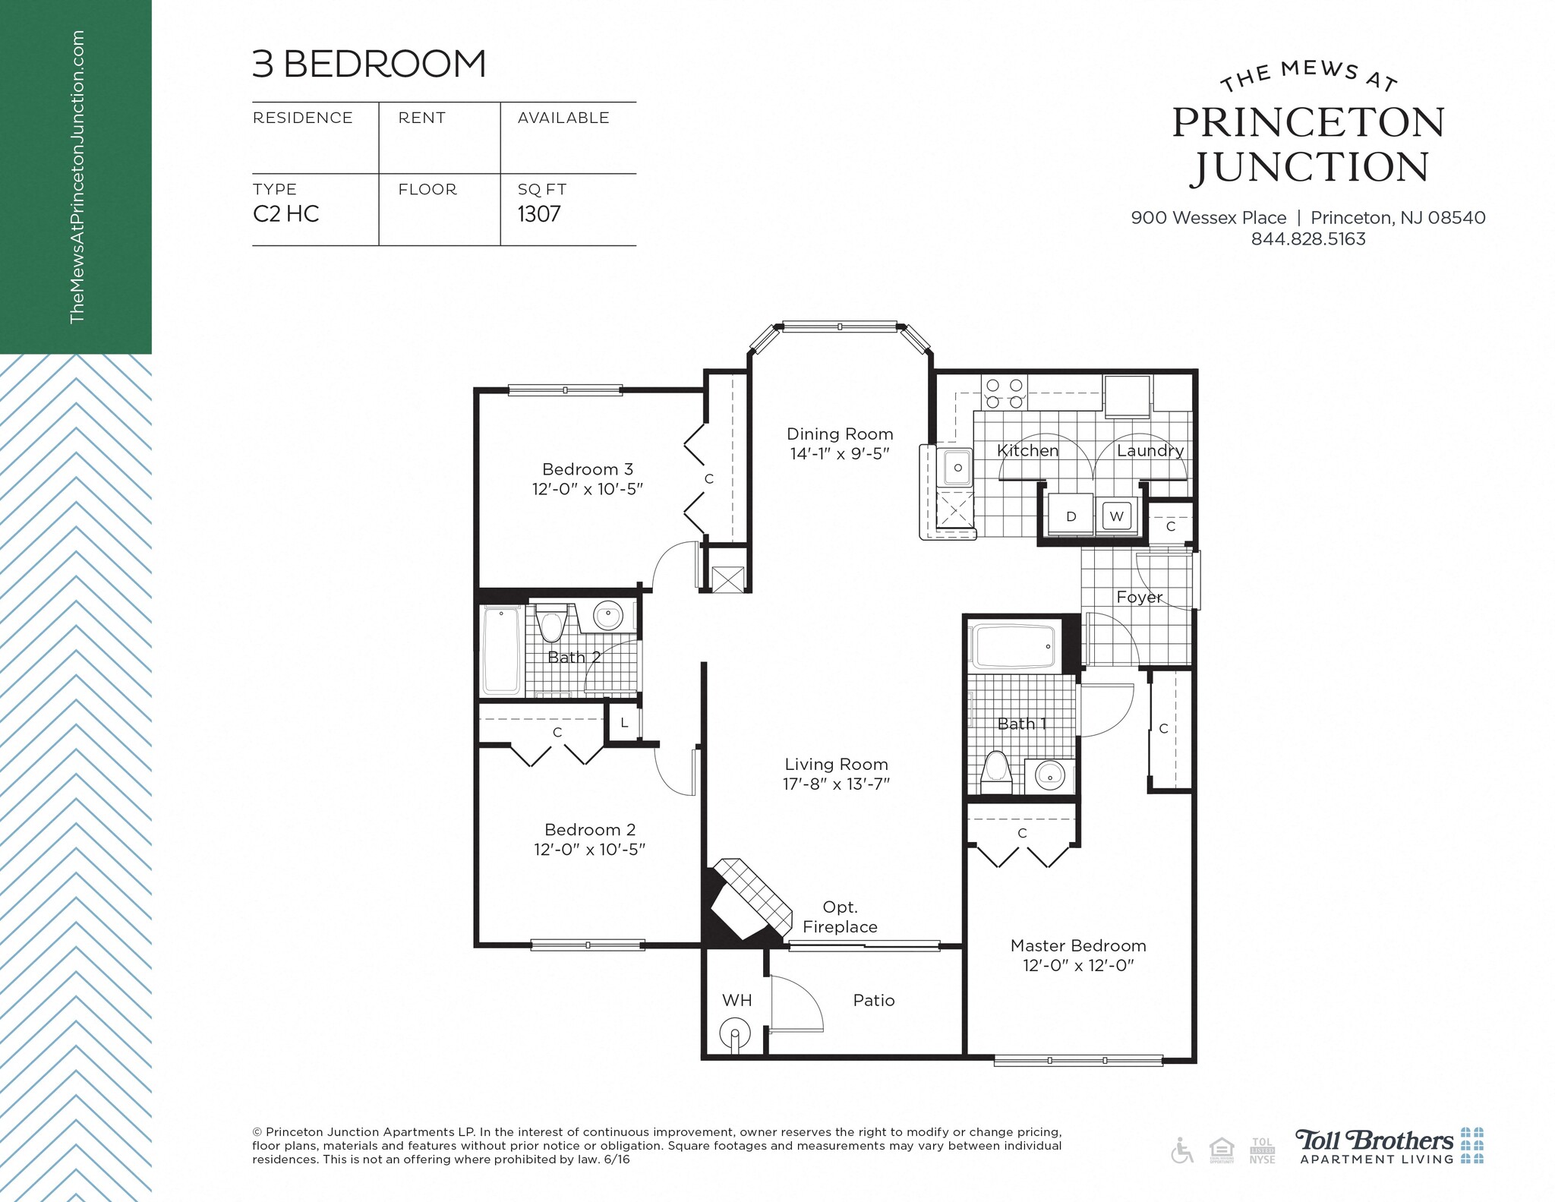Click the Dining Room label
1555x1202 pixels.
(839, 434)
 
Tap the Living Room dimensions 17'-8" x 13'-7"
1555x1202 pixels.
(836, 784)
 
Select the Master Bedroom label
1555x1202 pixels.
(1077, 946)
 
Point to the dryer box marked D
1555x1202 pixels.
(1071, 516)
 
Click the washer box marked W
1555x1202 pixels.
(1116, 516)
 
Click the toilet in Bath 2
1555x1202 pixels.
(550, 624)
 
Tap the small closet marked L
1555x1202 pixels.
(624, 723)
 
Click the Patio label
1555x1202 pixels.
(873, 1001)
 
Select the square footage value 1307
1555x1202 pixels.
(539, 214)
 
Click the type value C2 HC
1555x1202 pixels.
(285, 214)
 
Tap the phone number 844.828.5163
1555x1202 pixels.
(1307, 239)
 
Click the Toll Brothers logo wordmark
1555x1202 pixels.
(1374, 1140)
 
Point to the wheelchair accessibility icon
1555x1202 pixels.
(1181, 1150)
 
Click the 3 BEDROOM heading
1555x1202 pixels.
(369, 64)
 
